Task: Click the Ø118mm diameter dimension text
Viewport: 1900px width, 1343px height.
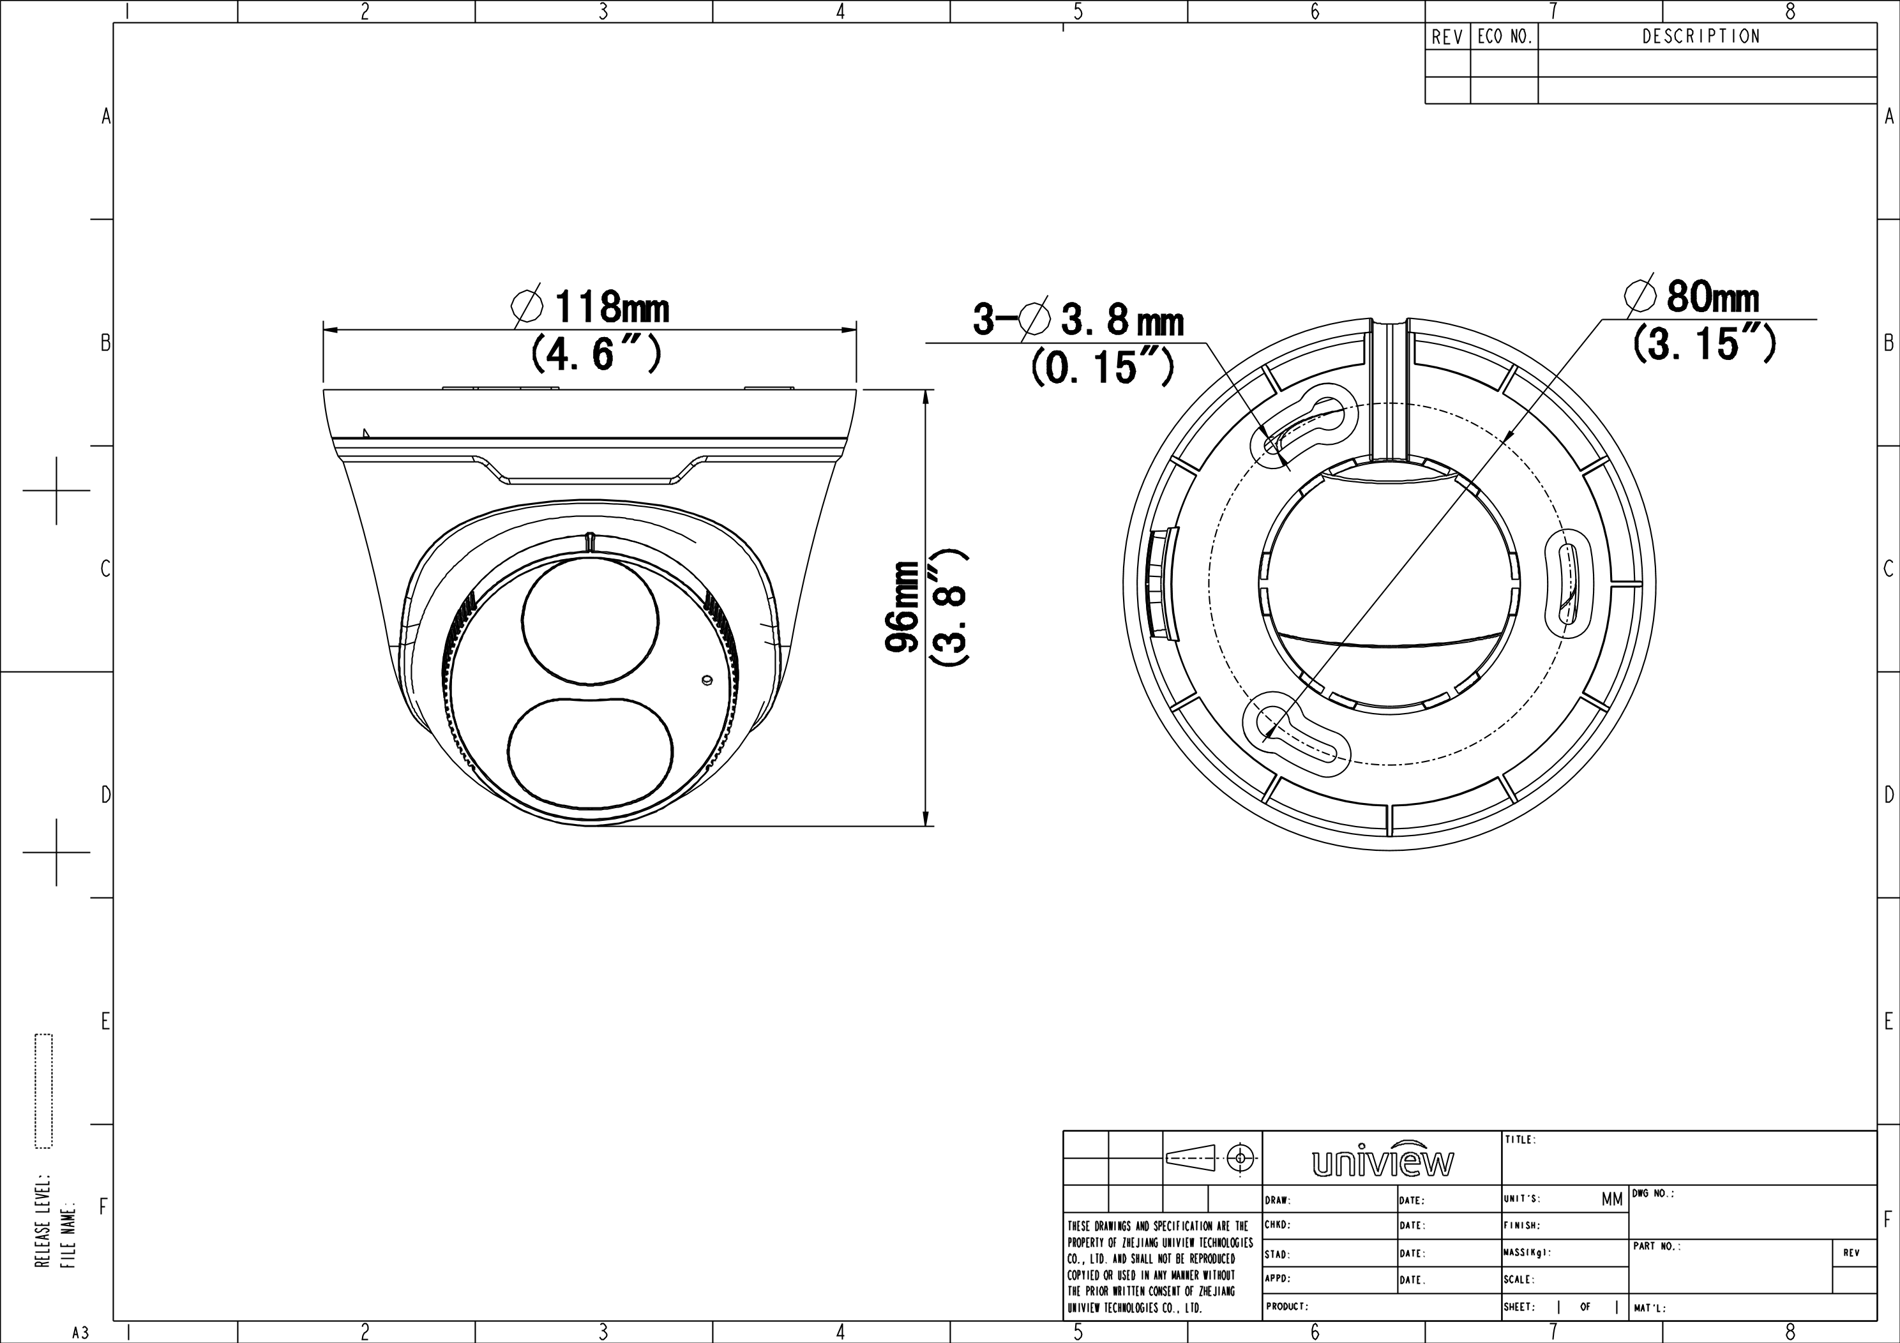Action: [591, 307]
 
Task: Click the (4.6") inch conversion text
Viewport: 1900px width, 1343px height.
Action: [596, 354]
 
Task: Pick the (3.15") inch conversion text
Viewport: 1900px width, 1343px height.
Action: [1705, 343]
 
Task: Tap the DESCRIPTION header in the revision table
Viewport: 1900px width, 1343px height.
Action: [1701, 36]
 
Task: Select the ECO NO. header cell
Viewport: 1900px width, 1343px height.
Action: [1504, 37]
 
